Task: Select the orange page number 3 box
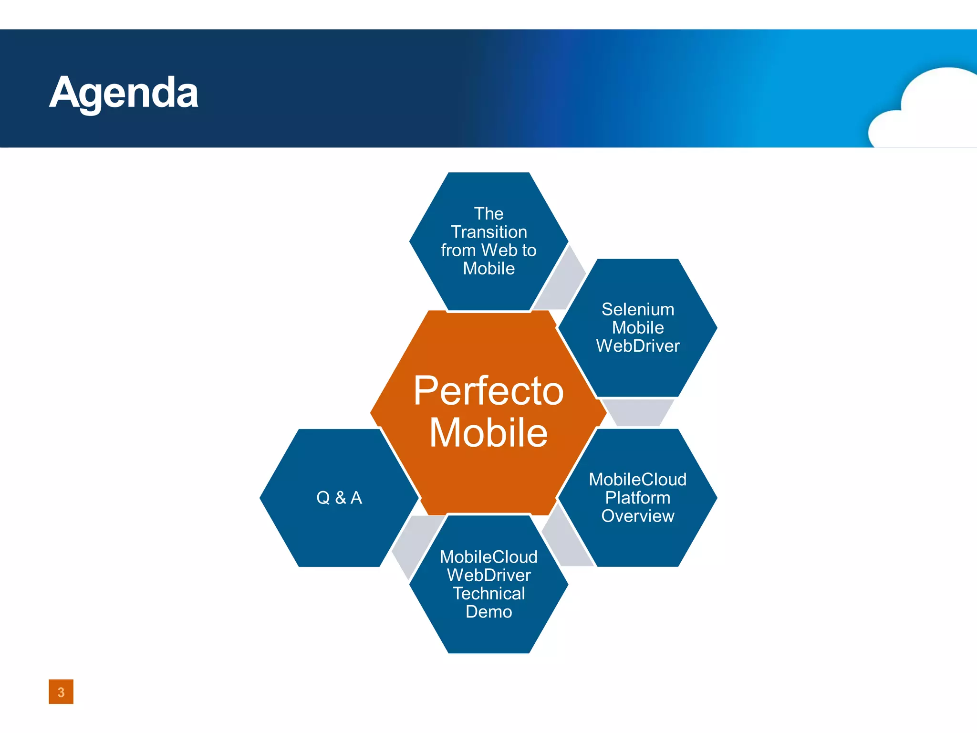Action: (61, 691)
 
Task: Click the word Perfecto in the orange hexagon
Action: (488, 391)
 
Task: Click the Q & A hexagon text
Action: (339, 498)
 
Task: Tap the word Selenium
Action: (638, 309)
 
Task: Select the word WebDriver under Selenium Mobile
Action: (638, 346)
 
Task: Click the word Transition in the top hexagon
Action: (489, 232)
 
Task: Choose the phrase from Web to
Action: (488, 250)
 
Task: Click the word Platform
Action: (638, 498)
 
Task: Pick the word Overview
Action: (638, 516)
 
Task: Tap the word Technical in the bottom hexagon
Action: (489, 593)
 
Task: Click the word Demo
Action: (489, 612)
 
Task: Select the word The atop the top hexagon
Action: (489, 213)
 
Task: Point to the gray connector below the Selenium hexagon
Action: (638, 412)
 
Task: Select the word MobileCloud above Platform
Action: (638, 480)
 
